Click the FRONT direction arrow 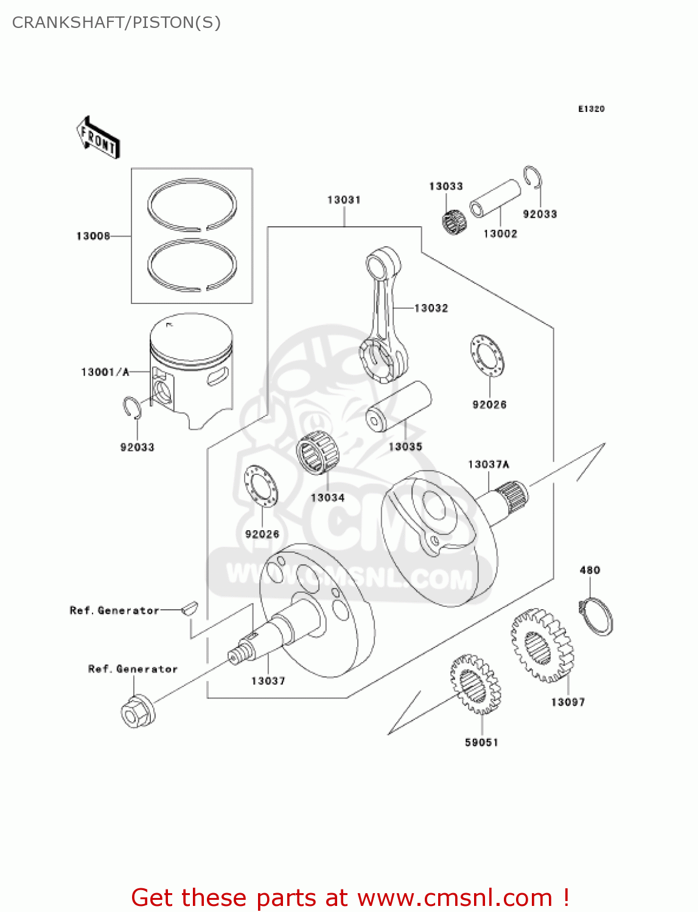(x=97, y=138)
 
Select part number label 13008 (x=93, y=236)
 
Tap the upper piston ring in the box (x=192, y=205)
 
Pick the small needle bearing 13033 (x=453, y=221)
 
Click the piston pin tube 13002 (x=495, y=198)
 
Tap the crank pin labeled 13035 (x=399, y=406)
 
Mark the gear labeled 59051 (x=475, y=684)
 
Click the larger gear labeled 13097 (x=541, y=645)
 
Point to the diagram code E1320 (x=591, y=109)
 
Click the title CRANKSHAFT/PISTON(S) (x=116, y=22)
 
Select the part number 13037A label (x=488, y=465)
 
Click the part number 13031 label (x=344, y=200)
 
